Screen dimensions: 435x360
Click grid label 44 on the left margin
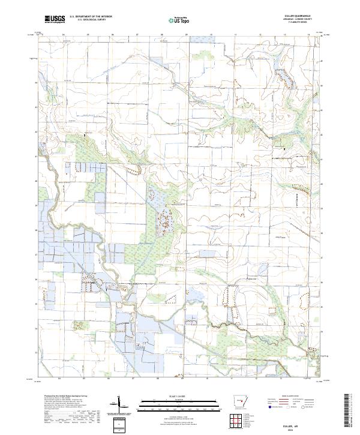pos(36,82)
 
